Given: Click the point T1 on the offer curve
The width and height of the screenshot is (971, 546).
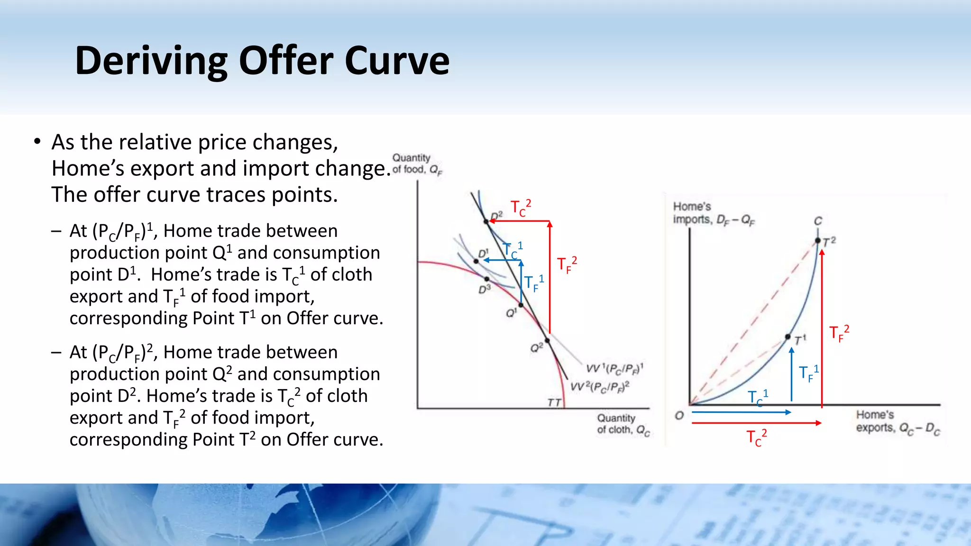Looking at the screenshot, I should point(788,337).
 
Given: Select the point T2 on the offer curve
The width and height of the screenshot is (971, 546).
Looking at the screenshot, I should point(817,241).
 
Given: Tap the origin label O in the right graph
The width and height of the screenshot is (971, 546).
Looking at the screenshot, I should point(679,416).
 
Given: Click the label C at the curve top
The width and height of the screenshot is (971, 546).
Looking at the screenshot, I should point(818,221).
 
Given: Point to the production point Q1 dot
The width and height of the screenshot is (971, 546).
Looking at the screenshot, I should point(521,305).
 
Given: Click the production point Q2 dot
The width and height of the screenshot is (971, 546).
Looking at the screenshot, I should point(547,340).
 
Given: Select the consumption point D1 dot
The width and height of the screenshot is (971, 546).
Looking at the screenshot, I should point(476,261).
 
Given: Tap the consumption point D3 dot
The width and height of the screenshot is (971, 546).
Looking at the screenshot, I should point(486,279).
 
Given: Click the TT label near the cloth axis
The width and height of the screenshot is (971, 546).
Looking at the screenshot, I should point(554,402).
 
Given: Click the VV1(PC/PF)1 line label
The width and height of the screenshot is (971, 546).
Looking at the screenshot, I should point(614,368).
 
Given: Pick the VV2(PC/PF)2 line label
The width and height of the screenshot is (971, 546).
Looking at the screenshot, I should point(599,387).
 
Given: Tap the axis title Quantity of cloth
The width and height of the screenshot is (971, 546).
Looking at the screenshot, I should point(622,424).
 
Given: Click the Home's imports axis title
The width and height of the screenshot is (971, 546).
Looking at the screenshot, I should point(713,213).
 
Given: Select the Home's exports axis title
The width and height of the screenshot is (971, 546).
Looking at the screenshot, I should point(897,421).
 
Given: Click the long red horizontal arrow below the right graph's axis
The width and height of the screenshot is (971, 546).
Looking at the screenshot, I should point(756,423).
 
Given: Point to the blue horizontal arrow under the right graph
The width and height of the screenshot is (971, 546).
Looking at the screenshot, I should point(741,412).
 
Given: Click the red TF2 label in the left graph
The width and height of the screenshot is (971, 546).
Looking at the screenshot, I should point(567,265).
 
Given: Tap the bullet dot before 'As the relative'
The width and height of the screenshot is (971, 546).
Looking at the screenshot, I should point(37,142).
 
